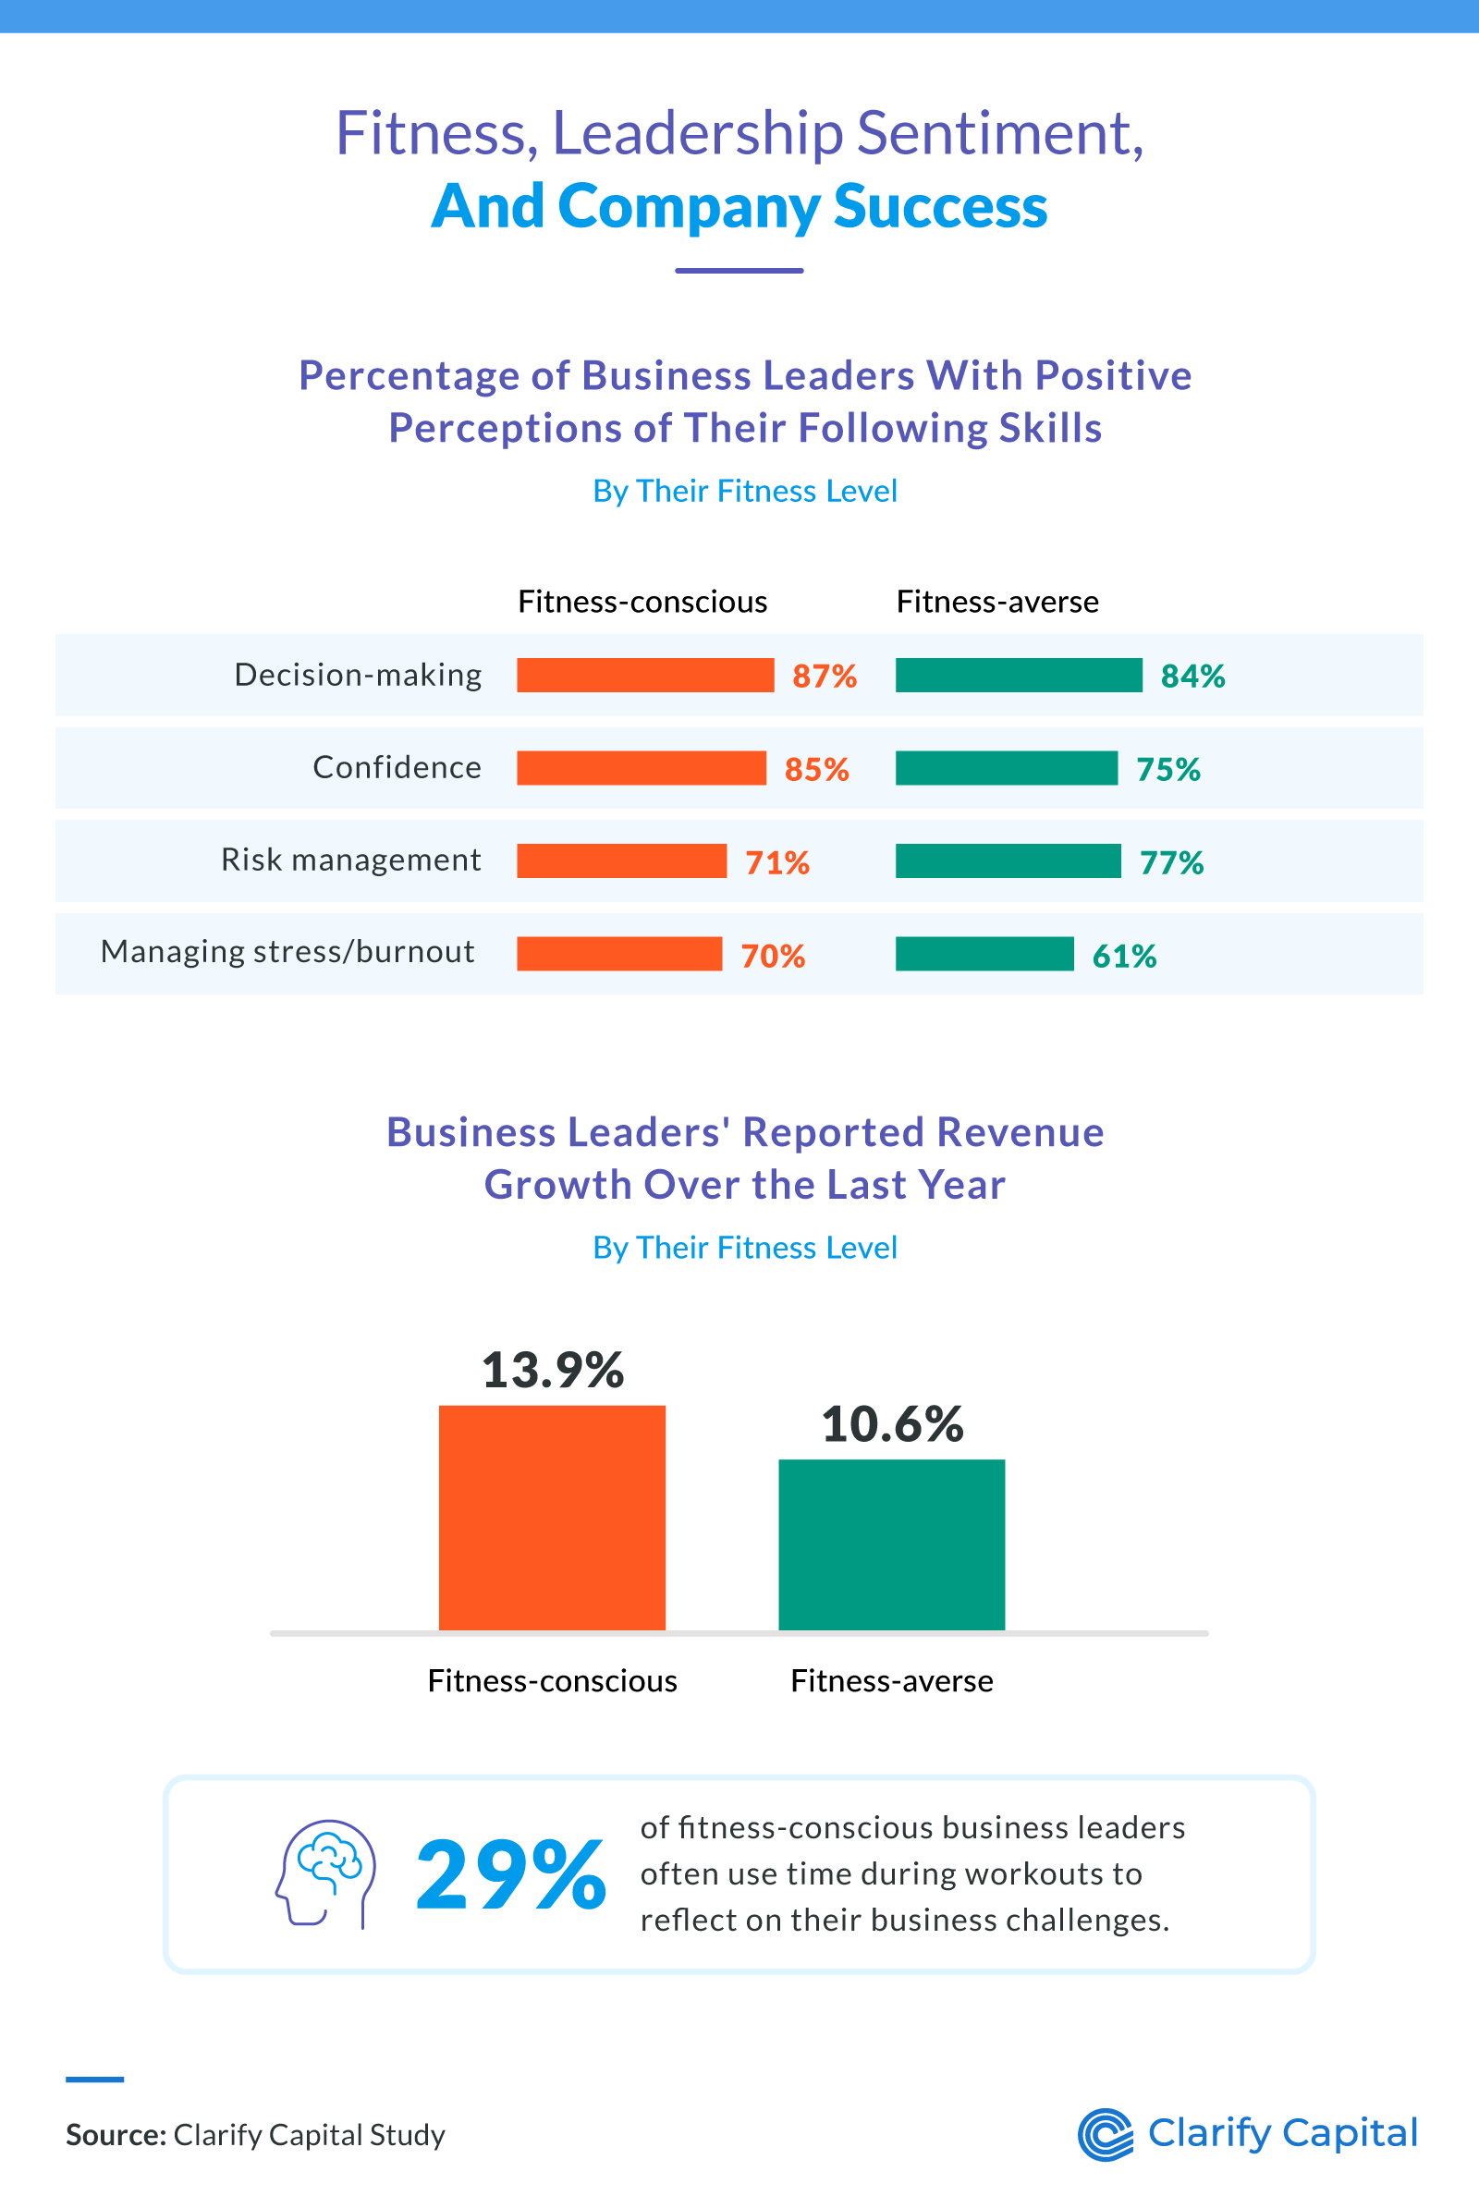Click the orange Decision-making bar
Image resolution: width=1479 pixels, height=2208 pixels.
[645, 676]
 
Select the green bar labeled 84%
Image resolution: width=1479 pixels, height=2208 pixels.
[1019, 676]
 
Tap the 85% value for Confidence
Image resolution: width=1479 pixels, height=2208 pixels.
[817, 770]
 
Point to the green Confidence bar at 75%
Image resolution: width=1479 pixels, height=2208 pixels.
[1007, 769]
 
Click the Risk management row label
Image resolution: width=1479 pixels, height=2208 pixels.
[351, 860]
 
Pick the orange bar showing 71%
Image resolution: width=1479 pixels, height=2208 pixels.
[621, 861]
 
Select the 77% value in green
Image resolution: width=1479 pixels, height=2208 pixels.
[1171, 863]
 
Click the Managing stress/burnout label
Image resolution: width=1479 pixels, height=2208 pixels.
[287, 952]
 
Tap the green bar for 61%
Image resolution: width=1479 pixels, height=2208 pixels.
[984, 955]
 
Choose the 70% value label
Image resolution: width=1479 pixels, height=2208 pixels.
[773, 957]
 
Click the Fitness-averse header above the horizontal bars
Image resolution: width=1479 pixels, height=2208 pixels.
[997, 602]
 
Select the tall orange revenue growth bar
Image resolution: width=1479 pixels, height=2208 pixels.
[552, 1518]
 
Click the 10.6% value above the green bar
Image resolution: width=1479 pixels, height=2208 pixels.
[891, 1424]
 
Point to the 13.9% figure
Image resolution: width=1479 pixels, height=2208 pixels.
[552, 1371]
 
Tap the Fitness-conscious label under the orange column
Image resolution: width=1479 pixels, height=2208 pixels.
[552, 1681]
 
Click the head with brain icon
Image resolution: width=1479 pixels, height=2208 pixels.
[325, 1873]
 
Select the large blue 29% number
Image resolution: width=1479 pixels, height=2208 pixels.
[510, 1875]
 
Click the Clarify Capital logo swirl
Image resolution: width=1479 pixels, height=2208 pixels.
[1106, 2134]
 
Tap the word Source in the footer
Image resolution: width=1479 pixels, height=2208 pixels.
[115, 2134]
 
